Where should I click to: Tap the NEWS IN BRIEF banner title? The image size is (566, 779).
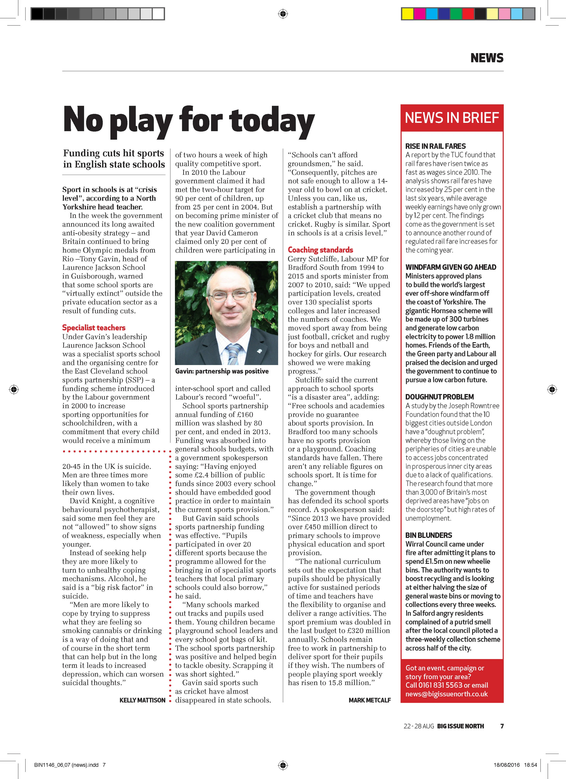click(x=452, y=118)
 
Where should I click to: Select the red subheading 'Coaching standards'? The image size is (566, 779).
click(x=320, y=250)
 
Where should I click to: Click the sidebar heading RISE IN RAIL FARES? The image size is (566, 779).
click(x=435, y=146)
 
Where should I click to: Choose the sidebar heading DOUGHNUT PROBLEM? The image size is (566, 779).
click(x=439, y=397)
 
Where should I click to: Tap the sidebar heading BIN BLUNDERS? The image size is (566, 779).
click(x=429, y=535)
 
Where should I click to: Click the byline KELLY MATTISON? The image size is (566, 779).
click(x=142, y=700)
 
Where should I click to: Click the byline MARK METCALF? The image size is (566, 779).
click(x=369, y=700)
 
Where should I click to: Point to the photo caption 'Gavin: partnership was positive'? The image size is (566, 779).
click(x=222, y=371)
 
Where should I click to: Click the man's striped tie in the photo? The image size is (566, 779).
click(x=234, y=354)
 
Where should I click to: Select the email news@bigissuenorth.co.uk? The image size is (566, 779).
click(x=446, y=694)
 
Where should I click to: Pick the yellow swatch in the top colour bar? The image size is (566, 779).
click(x=407, y=14)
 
